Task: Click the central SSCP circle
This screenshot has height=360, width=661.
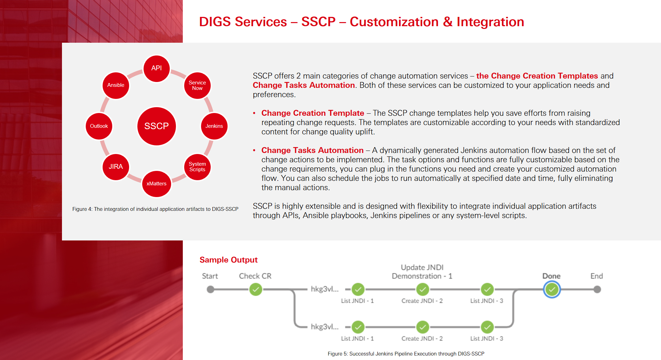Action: [156, 126]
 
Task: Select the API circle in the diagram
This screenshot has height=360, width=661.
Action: [156, 69]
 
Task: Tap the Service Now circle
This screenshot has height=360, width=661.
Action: [197, 85]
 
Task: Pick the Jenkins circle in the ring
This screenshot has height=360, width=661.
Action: [214, 126]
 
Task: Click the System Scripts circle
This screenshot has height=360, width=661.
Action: [197, 167]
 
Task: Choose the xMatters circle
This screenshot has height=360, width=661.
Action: [156, 184]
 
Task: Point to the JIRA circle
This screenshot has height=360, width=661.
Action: [116, 167]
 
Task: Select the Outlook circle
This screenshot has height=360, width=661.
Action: [99, 126]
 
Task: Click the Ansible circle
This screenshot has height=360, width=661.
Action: [116, 85]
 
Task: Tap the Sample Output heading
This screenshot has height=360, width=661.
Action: [228, 260]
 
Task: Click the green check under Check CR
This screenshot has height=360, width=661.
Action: [255, 289]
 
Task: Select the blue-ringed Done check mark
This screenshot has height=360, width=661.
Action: [552, 289]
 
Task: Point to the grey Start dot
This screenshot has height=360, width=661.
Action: [210, 289]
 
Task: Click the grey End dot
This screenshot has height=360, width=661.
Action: [597, 289]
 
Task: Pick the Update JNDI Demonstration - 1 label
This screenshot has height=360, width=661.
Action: [422, 272]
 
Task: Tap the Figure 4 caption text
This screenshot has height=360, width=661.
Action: [155, 209]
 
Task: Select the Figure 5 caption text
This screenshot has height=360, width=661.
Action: [406, 354]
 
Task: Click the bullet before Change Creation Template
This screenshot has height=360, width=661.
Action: [254, 113]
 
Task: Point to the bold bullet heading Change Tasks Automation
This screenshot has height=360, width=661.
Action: [312, 150]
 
